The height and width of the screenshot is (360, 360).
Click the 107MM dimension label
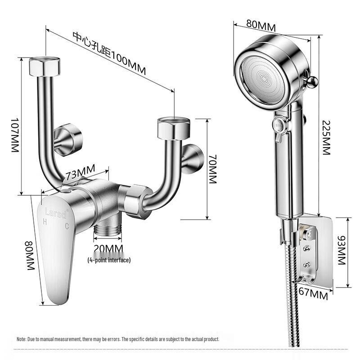point(15,135)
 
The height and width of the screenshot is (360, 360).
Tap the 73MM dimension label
point(81,172)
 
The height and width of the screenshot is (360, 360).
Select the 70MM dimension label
point(213,169)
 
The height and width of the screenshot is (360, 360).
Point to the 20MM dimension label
point(108,249)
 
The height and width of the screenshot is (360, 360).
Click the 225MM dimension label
point(326,138)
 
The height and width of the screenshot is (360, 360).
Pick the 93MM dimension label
point(342,250)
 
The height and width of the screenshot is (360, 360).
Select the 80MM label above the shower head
point(261,26)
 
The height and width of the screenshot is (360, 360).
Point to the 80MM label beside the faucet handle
point(30,255)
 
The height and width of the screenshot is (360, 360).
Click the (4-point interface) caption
point(109,260)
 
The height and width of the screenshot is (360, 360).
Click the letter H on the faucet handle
point(45,222)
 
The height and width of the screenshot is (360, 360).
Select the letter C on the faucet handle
point(67,226)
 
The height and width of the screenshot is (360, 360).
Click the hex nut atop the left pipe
point(45,66)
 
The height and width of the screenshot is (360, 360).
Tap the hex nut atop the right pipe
point(174,129)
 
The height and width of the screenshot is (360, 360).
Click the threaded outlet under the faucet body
point(108,229)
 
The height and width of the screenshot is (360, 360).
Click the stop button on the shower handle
point(279,126)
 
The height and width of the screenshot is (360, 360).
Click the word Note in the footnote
point(21,339)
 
